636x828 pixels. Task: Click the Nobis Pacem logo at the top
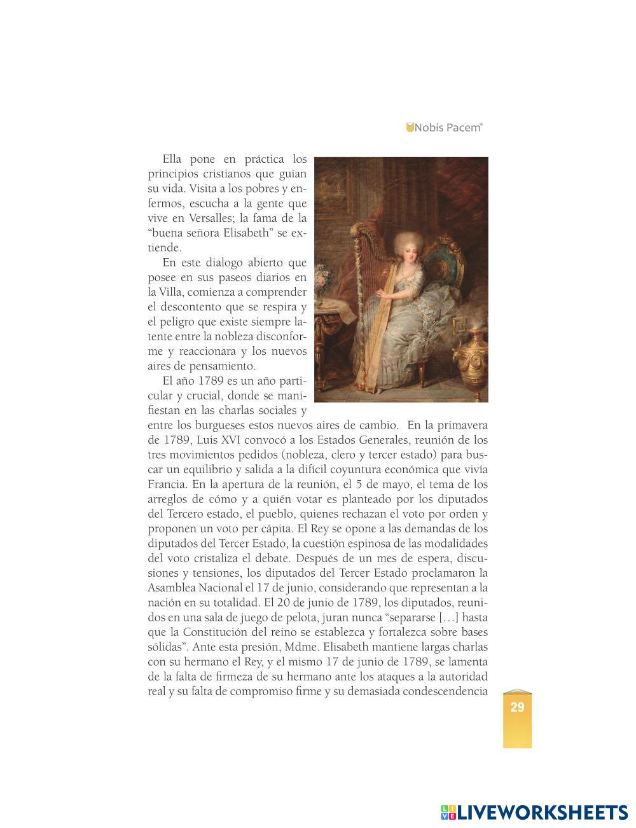(445, 127)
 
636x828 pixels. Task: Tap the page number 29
(517, 707)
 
